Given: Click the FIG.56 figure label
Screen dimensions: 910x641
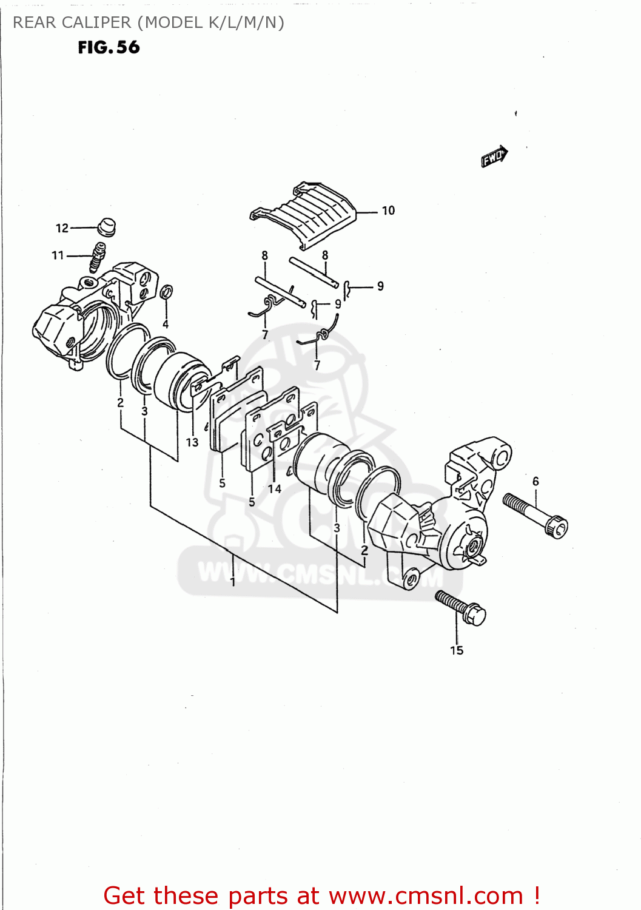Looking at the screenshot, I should point(109,47).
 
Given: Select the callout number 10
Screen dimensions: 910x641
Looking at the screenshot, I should point(388,211).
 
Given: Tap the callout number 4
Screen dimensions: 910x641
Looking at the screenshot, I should point(165,325).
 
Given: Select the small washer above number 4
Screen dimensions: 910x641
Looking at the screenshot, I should point(167,292).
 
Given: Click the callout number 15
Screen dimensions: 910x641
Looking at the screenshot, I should point(457,650).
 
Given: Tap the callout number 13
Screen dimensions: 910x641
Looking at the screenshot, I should point(192,442).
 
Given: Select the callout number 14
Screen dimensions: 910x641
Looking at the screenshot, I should point(275,488).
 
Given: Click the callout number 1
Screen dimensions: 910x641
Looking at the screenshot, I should point(233,581).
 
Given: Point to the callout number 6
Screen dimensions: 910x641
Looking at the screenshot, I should point(535,481).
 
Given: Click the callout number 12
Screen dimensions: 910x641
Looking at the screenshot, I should point(62,228).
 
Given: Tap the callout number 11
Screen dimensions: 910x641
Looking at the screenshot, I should point(58,255).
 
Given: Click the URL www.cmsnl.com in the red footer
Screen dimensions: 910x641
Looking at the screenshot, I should point(426,895).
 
